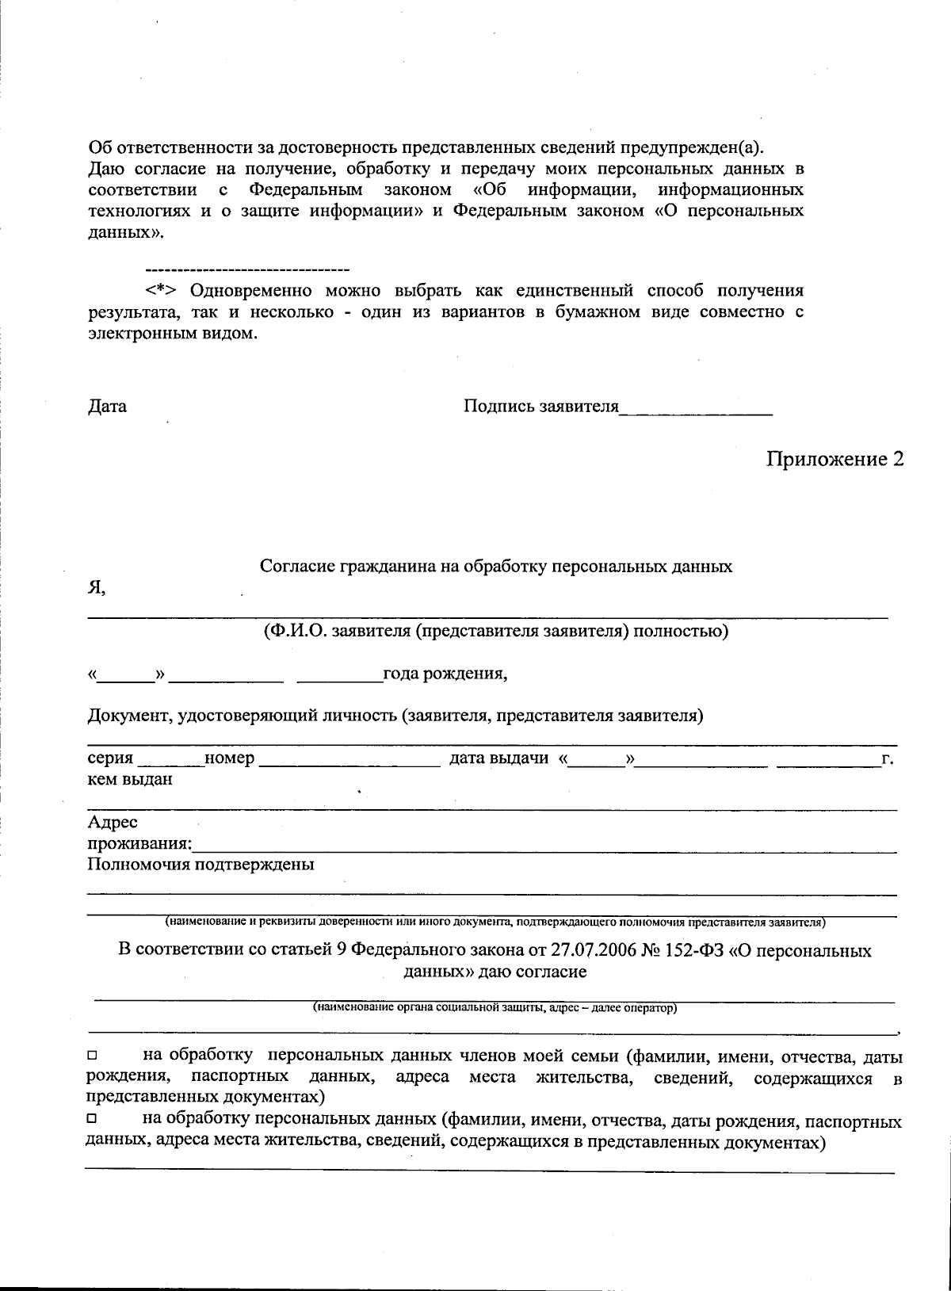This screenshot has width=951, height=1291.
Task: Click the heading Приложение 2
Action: pos(835,459)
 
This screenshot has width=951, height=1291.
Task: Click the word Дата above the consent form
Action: pos(107,407)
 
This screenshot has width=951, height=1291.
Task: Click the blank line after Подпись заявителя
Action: pos(696,411)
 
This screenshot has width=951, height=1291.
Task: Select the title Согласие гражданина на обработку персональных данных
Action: pos(496,567)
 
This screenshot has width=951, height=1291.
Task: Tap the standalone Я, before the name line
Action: pos(96,588)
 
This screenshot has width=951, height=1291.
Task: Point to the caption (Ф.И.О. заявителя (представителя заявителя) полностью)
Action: pos(496,632)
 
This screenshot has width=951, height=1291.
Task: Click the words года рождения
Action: pos(445,674)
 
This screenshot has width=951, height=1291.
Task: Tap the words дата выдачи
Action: pos(499,758)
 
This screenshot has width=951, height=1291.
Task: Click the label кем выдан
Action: pos(130,779)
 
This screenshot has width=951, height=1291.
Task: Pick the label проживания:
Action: pos(140,842)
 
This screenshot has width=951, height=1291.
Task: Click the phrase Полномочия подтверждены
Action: pos(201,864)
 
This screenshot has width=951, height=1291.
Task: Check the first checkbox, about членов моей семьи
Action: pos(92,1056)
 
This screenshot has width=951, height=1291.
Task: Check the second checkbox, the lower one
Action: pos(92,1122)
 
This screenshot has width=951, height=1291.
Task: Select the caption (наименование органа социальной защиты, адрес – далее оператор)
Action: pos(495,1008)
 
